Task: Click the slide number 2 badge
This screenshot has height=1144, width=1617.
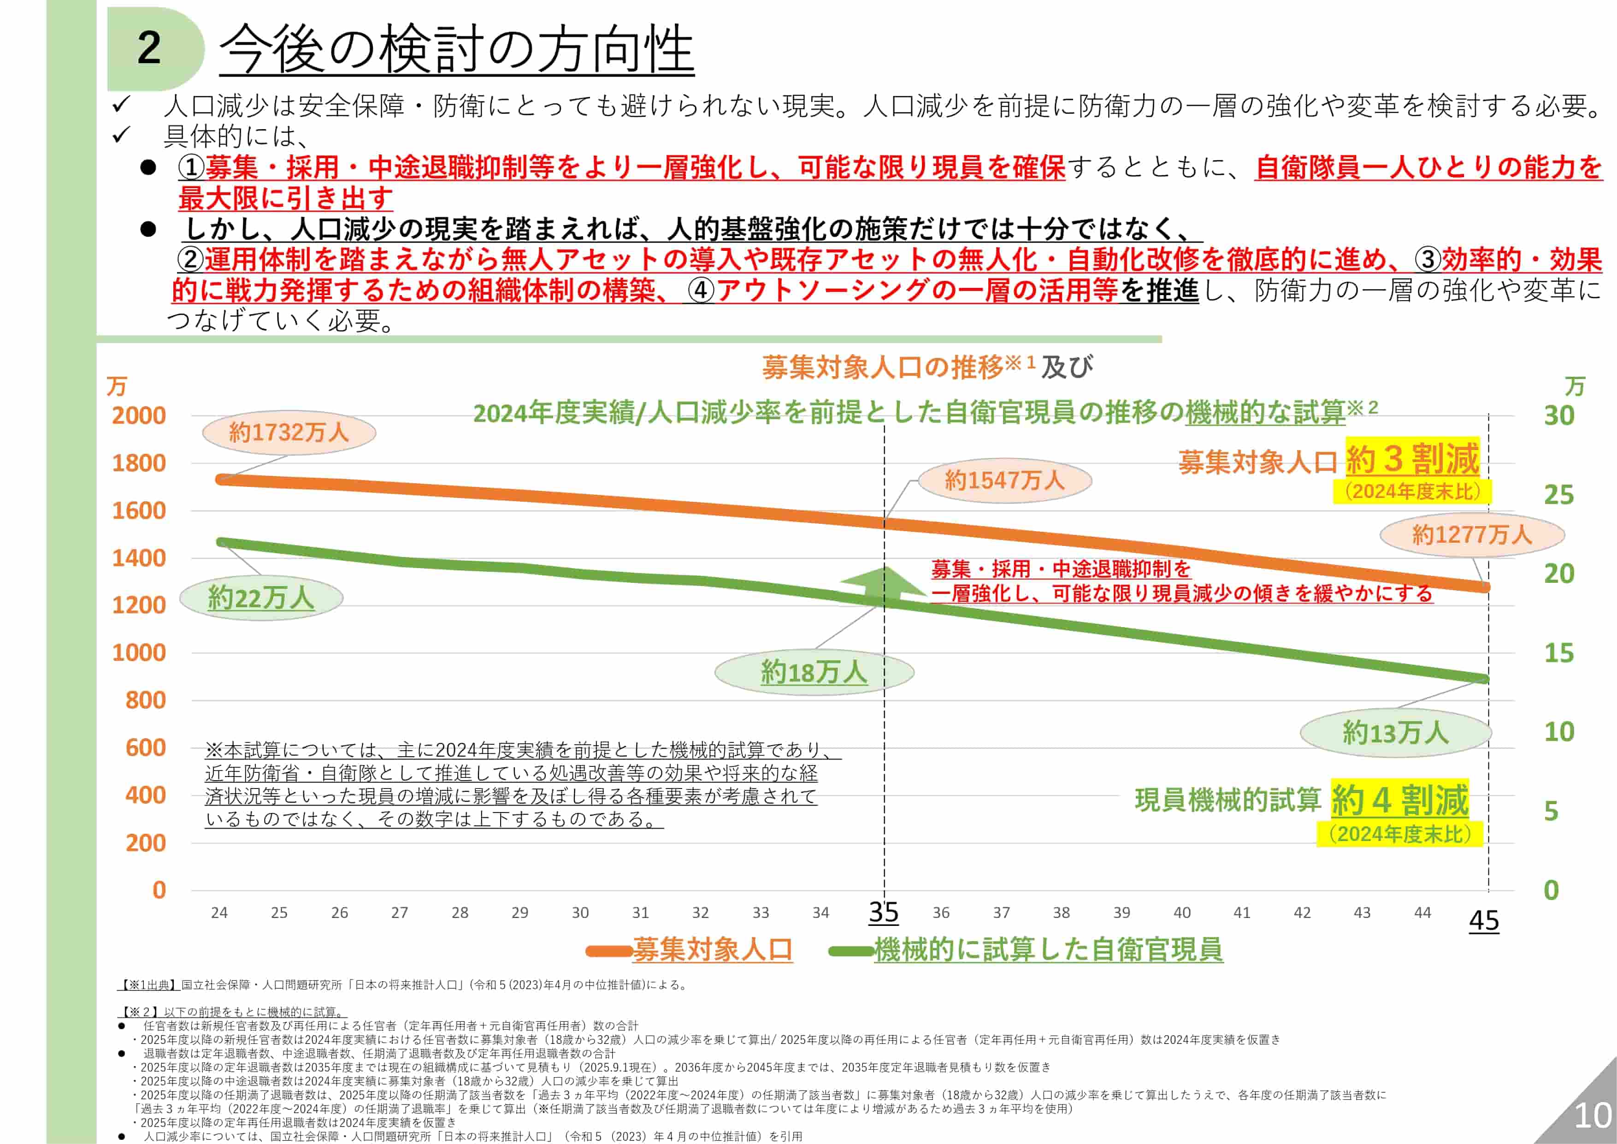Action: pos(150,48)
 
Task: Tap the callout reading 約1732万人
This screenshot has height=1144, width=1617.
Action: pos(289,432)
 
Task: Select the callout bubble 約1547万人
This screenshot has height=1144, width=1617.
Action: pos(1004,480)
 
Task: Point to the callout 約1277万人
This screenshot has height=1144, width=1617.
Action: pos(1471,535)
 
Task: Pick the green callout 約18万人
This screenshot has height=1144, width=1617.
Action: pos(814,672)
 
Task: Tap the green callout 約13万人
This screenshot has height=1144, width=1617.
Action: pos(1395,733)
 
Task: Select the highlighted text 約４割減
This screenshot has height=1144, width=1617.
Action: pos(1399,800)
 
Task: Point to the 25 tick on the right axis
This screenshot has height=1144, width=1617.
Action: pos(1558,495)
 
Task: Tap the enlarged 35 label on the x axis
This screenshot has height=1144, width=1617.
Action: pos(883,912)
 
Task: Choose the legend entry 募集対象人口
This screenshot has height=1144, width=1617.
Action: pos(711,949)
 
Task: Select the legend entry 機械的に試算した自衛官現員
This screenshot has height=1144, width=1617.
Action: pos(1047,949)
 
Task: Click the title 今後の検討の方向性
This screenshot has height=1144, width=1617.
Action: pos(456,49)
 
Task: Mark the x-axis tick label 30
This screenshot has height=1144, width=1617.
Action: pos(579,913)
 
